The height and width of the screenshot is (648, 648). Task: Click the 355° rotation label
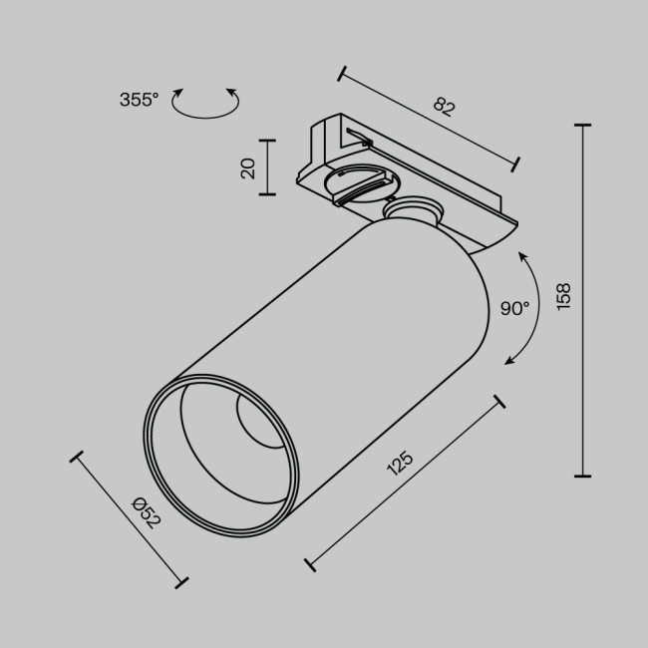click(x=139, y=99)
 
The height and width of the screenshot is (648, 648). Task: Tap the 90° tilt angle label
click(x=514, y=308)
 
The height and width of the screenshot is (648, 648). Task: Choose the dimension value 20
click(x=248, y=167)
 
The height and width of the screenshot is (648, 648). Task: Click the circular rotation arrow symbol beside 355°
click(x=206, y=103)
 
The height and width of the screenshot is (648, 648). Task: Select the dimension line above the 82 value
click(x=429, y=118)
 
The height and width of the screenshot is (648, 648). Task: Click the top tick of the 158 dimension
click(x=583, y=126)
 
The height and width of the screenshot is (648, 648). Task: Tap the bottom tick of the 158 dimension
click(x=583, y=476)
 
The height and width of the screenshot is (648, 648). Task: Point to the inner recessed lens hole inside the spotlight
click(x=257, y=424)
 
